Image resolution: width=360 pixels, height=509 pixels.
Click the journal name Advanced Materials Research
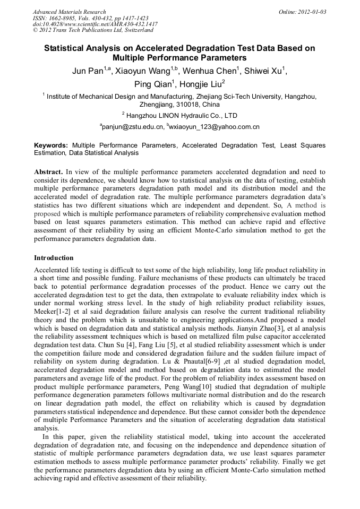pos(70,12)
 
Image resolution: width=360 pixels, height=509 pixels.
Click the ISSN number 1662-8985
pos(62,18)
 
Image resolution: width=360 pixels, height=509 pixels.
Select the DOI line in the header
pos(95,24)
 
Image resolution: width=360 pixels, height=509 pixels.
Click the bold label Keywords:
pos(51,145)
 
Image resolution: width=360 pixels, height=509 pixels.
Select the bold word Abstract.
pos(48,172)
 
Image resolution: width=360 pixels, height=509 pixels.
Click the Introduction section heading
pos(54,258)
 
